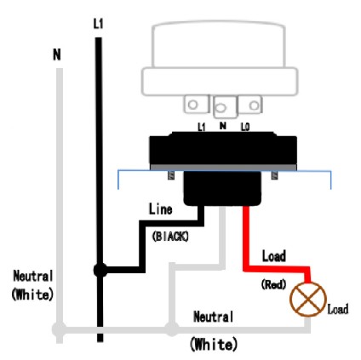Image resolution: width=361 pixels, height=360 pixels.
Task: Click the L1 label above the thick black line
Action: point(98,25)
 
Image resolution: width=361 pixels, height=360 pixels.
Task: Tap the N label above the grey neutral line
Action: point(57,54)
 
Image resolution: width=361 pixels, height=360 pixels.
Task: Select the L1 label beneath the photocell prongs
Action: point(202,127)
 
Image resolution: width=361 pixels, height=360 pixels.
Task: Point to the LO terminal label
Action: point(245,127)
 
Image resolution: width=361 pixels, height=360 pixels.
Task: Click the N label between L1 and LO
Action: point(223,126)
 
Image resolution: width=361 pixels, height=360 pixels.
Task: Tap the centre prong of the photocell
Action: point(225,106)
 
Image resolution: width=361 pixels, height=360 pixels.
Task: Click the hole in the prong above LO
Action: point(254,106)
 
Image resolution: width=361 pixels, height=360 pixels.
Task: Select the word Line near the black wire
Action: point(161,209)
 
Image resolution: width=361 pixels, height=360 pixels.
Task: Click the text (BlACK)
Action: point(170,236)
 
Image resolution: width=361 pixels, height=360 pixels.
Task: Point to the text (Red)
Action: point(273,284)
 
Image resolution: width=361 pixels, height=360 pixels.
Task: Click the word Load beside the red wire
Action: point(274,256)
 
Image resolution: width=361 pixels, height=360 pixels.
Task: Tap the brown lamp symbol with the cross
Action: point(308,299)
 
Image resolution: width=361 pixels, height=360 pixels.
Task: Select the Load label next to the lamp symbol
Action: point(338,309)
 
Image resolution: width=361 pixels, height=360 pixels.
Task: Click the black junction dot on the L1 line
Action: point(100,270)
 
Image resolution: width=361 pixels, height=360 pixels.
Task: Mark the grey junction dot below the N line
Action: point(59,329)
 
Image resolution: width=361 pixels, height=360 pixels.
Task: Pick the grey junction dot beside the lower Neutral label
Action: point(171,329)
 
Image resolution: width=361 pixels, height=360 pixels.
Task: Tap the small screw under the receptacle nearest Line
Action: point(170,175)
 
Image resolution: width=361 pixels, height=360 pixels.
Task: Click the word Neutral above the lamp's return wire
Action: point(214,317)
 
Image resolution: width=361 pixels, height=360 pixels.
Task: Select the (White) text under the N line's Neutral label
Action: point(32,294)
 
